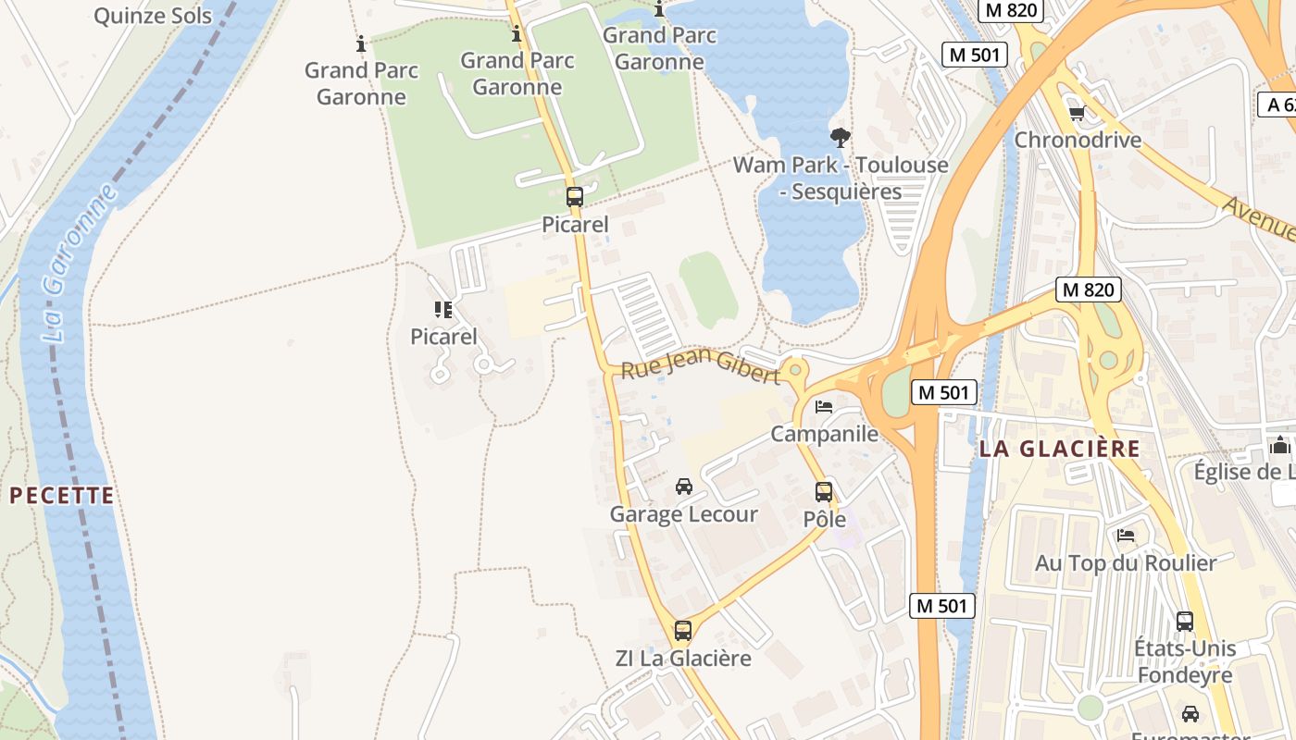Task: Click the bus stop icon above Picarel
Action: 575,196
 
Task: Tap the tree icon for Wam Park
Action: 841,138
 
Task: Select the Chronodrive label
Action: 1078,140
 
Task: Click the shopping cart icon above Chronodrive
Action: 1077,113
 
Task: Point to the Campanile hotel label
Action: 824,434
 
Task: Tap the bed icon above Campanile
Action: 824,406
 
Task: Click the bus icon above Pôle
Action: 824,491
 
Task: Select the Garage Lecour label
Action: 683,514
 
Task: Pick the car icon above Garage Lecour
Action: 684,486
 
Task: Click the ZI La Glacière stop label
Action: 683,659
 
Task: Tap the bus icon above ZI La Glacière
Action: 683,631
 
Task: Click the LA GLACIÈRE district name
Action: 1060,449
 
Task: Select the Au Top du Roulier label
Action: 1126,562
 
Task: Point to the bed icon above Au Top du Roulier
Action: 1126,535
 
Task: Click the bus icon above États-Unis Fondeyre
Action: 1185,621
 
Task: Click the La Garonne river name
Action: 81,264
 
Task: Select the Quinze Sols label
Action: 153,16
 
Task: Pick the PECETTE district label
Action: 62,495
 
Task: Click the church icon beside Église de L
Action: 1280,445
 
